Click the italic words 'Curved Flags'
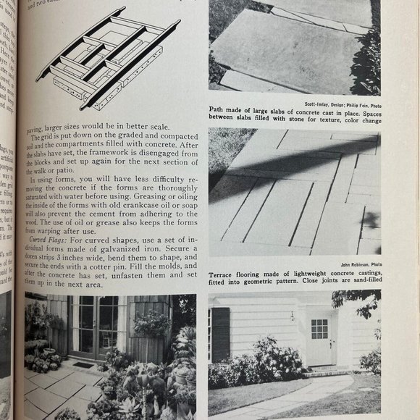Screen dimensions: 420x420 [x=49, y=238]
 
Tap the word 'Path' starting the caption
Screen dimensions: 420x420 [x=217, y=112]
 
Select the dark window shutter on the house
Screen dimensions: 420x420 [x=220, y=334]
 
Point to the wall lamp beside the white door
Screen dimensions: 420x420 [x=293, y=316]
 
